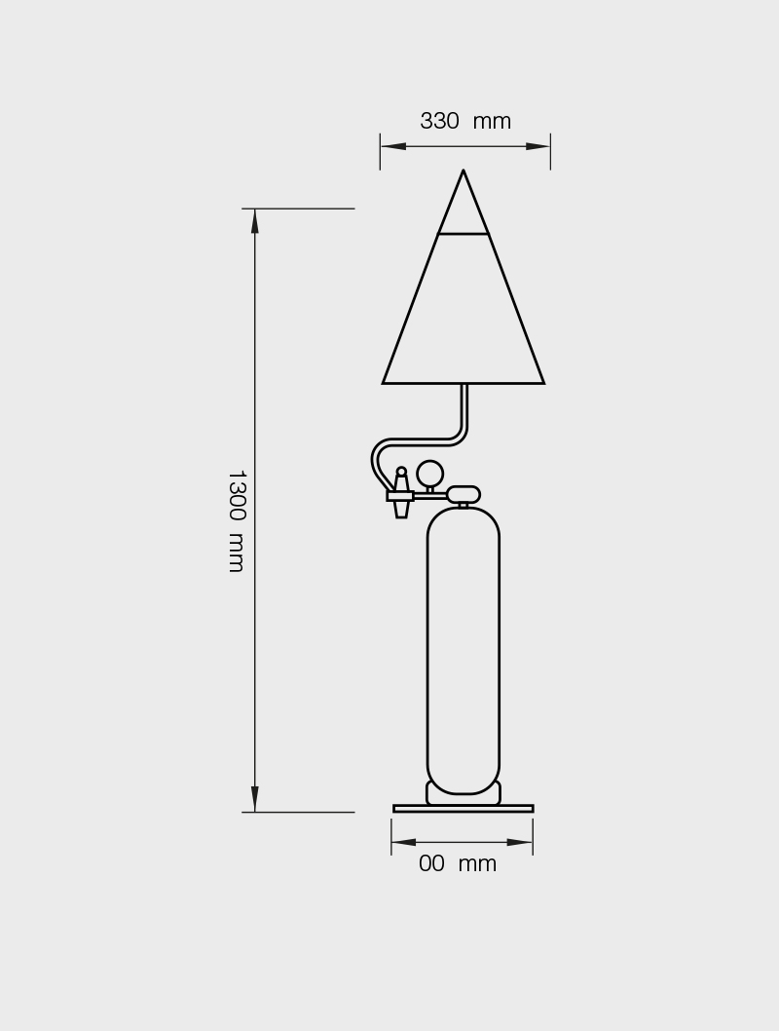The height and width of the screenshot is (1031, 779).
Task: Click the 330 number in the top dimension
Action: click(439, 121)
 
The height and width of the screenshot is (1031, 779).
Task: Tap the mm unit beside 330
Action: click(492, 123)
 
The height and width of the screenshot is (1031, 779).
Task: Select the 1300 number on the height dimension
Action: click(237, 495)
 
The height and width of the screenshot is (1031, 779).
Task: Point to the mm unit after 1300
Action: click(237, 553)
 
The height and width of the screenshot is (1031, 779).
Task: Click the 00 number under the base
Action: click(431, 863)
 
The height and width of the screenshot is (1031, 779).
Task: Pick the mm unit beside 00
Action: click(477, 864)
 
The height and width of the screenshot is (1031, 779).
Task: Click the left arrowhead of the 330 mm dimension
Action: click(392, 146)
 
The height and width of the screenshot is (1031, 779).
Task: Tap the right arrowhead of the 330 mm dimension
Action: click(538, 146)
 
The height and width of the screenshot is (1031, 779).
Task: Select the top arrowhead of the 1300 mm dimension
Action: click(255, 221)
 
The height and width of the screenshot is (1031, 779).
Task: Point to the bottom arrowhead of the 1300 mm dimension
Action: click(255, 799)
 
